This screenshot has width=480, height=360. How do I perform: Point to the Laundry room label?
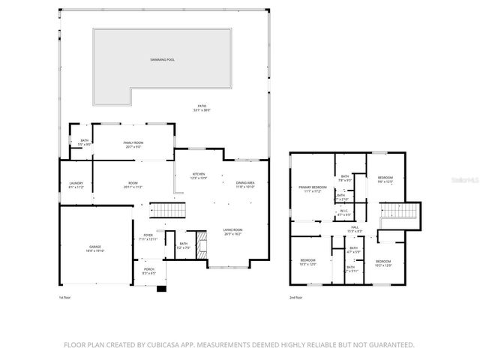(x=76, y=184)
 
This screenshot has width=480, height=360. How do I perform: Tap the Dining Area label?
(x=245, y=184)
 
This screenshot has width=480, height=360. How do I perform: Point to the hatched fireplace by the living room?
(x=199, y=253)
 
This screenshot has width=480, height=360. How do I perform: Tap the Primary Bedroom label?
(x=313, y=189)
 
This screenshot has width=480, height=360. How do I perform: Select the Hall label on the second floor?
(x=354, y=229)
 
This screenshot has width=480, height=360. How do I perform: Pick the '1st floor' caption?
(x=64, y=298)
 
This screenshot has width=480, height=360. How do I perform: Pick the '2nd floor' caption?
(x=297, y=298)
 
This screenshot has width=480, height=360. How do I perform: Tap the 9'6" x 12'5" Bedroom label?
(x=385, y=179)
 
